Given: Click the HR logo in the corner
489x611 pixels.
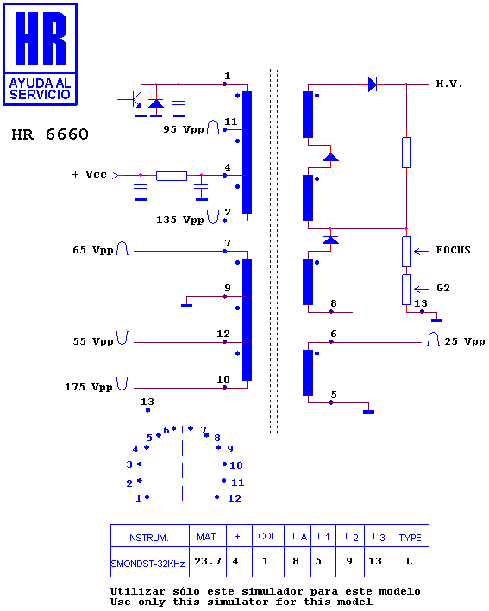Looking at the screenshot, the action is tap(41, 54).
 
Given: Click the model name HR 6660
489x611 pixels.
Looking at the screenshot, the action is tap(50, 134).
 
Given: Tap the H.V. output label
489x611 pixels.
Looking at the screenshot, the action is tap(448, 84).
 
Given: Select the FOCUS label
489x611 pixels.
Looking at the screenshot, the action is tap(453, 250).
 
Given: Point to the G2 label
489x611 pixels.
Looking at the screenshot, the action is tap(443, 288).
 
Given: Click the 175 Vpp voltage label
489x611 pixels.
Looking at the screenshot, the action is tap(89, 387).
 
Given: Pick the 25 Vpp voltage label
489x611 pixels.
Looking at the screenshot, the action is tap(465, 342).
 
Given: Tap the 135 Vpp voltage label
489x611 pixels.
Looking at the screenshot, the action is tap(179, 220).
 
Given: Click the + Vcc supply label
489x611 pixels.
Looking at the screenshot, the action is tap(90, 175).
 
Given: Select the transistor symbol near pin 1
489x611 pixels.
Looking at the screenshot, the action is tap(135, 100).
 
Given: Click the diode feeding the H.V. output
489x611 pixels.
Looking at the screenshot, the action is tap(373, 84).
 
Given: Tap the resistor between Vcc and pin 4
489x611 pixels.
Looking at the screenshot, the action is tap(172, 176).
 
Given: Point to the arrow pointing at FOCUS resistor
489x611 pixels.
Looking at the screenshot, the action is tap(422, 252).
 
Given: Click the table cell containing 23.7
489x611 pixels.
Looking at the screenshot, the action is tap(208, 562).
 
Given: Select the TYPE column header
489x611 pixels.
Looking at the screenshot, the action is tap(411, 537).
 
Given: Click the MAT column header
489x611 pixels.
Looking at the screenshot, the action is tap(207, 537).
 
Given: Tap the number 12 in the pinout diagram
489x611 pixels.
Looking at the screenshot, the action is tap(235, 498).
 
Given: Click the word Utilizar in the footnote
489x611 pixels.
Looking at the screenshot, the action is tap(137, 591).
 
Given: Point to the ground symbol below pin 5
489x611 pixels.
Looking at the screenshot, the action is tap(368, 411).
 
